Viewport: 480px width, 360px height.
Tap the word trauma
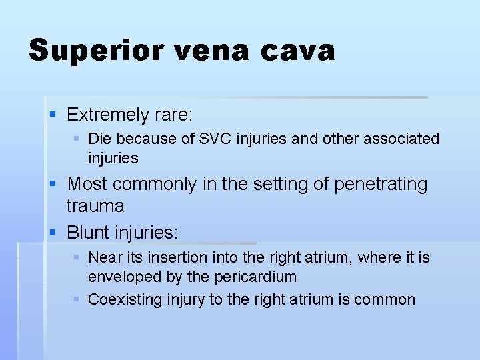[x=95, y=206]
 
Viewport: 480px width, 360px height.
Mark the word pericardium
[x=257, y=276]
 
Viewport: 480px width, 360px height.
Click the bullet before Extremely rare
[x=55, y=115]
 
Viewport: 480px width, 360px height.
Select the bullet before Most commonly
[x=55, y=183]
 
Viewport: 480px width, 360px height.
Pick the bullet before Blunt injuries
[x=55, y=233]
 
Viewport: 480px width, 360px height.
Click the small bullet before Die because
[x=77, y=139]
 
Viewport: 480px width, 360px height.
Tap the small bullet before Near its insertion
[x=77, y=257]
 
